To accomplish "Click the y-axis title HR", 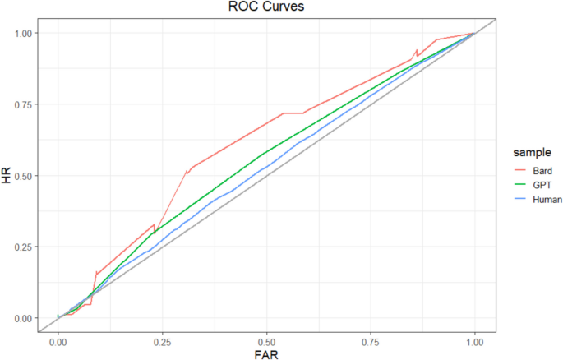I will (x=7, y=175).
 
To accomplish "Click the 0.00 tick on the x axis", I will (x=58, y=339).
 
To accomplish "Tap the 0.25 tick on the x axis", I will (x=162, y=339).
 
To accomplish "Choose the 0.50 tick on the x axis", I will (x=266, y=339).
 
